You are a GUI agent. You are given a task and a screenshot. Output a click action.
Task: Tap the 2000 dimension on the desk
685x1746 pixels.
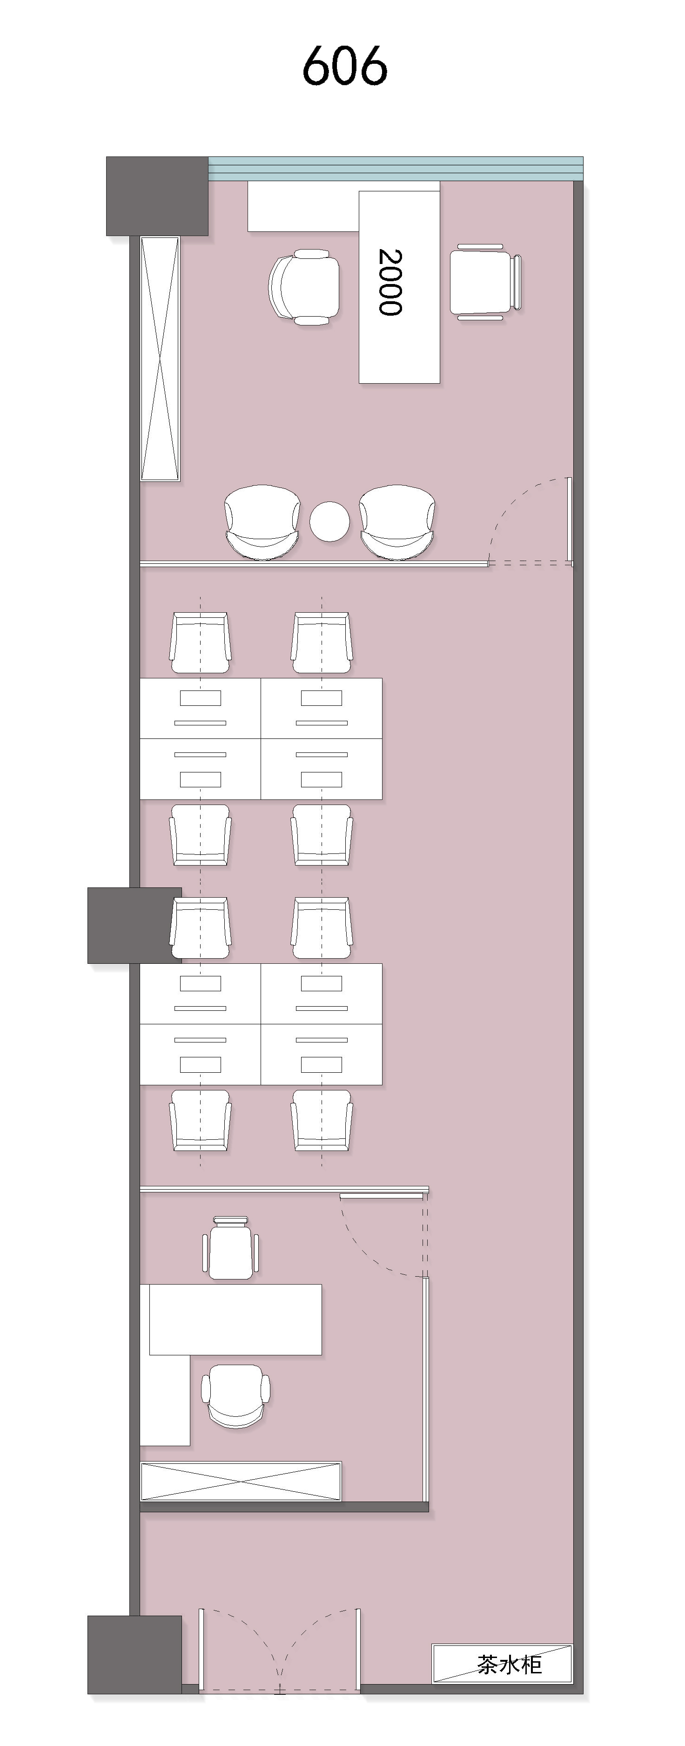(x=390, y=282)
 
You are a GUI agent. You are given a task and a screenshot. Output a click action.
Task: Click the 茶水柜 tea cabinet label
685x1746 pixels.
(x=510, y=1665)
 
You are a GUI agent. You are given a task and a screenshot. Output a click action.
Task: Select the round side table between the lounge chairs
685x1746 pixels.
(x=329, y=521)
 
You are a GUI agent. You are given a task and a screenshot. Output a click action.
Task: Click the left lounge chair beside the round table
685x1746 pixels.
(x=262, y=522)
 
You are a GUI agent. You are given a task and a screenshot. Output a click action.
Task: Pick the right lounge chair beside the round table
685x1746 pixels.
(x=397, y=522)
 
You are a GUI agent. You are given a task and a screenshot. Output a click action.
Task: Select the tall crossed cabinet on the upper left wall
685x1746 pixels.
(x=160, y=359)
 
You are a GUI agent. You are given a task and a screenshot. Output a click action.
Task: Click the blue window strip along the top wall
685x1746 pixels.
(x=396, y=169)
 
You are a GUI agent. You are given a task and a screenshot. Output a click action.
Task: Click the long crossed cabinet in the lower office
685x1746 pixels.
(x=241, y=1482)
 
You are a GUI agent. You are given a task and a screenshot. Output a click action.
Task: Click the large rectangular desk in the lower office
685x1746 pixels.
(x=235, y=1319)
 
